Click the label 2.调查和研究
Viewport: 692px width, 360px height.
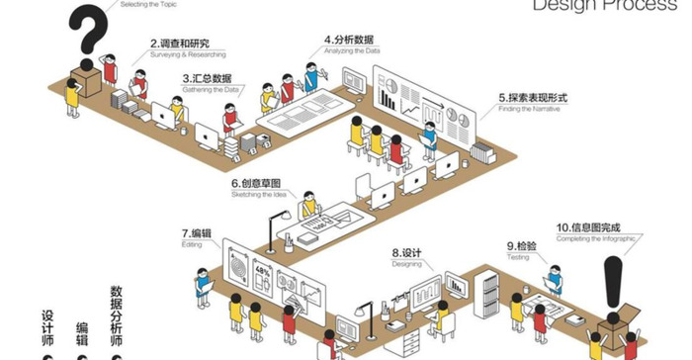coord(180,44)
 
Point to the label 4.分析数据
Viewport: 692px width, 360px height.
coord(350,41)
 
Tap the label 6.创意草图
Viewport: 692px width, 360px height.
coord(256,184)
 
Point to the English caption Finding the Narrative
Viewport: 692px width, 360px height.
coord(534,110)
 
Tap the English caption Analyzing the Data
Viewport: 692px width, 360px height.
coord(352,51)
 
